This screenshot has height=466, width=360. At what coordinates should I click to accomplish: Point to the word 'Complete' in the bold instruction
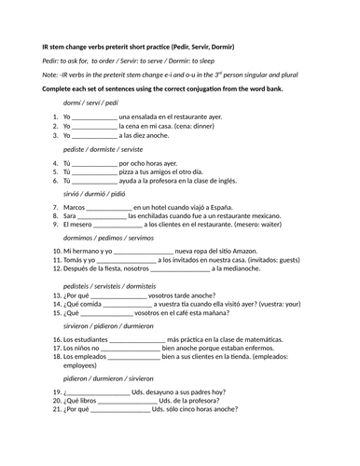click(61, 89)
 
